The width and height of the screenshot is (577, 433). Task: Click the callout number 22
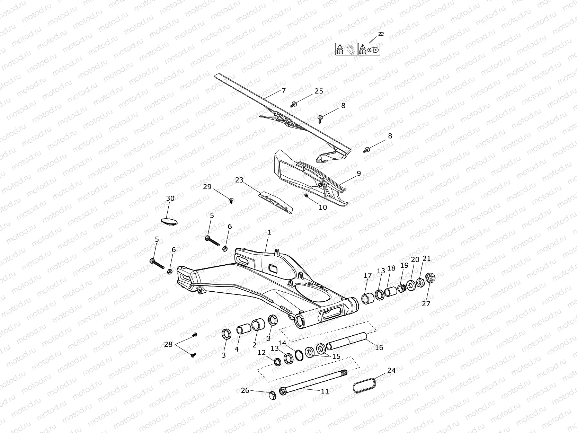[x=381, y=34]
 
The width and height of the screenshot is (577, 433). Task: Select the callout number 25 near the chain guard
[x=319, y=91]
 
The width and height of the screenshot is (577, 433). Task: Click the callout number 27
[x=426, y=303]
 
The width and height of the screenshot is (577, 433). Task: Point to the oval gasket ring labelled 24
[x=364, y=386]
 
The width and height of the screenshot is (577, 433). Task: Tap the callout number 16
[x=379, y=347]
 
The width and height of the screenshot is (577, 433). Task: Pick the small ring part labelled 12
[x=278, y=362]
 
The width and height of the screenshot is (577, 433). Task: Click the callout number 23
[x=239, y=180]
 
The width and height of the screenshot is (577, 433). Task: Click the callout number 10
[x=322, y=207]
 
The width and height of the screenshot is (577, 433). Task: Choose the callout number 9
[x=359, y=173]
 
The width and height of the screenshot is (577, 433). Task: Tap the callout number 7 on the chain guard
[x=284, y=91]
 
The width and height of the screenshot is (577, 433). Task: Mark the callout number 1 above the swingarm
[x=269, y=232]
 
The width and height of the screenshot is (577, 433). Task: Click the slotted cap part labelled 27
[x=430, y=277]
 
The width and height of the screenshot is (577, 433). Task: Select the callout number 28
[x=168, y=344]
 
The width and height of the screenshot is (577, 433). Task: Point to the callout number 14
[x=282, y=343]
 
